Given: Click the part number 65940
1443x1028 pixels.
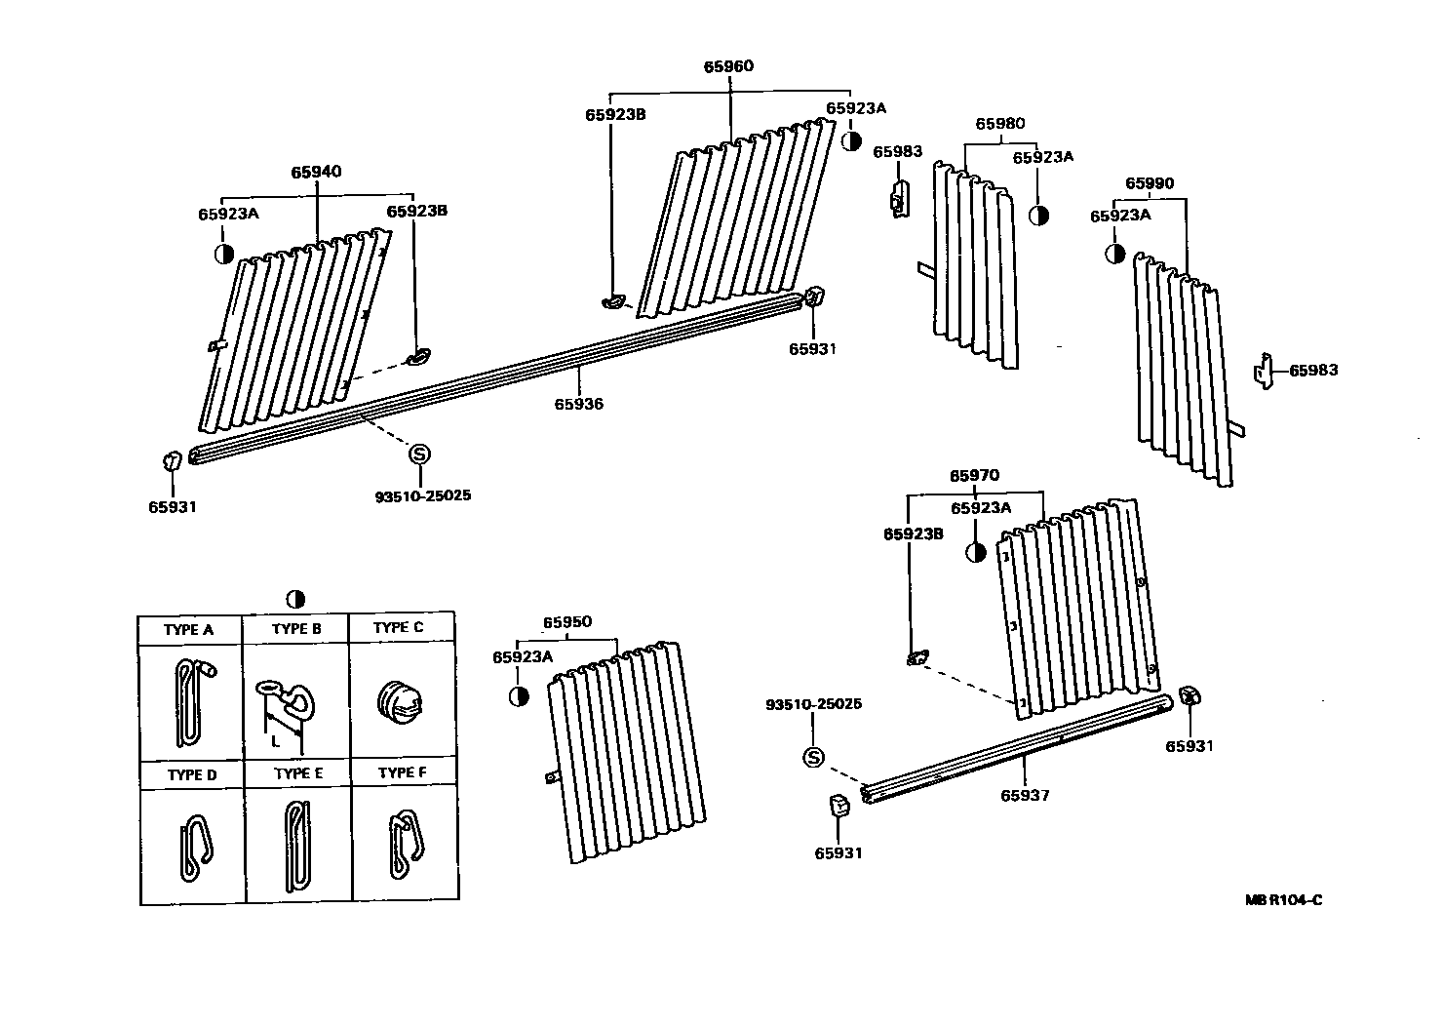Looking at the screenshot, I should point(316,173).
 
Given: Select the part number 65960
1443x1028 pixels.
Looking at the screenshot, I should point(729,67).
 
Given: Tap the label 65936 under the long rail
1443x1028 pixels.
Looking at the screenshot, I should point(579,404).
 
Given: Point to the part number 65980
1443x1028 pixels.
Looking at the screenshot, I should point(1000,124).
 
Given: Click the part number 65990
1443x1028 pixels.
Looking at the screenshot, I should point(1150,183).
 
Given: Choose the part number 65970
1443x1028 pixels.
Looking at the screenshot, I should point(975,476).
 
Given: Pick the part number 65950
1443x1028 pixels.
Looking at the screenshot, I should point(567,622).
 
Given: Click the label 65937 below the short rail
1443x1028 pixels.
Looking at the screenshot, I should point(1025,795).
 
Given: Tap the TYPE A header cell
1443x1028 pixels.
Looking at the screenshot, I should point(189,630).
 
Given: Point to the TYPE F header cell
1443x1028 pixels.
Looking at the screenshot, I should point(403,773).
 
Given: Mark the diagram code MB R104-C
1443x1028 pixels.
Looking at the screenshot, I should point(1283,899).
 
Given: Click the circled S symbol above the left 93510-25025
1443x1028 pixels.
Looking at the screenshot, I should point(419,454).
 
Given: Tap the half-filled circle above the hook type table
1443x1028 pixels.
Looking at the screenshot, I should point(296,599).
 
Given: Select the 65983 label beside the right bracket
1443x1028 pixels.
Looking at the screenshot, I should point(1313,371).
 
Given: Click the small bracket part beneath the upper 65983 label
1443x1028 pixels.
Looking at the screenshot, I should point(899,198).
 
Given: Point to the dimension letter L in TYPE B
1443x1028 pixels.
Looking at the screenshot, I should point(276,741).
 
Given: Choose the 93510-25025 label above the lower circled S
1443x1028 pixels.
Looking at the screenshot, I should point(814,704).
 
